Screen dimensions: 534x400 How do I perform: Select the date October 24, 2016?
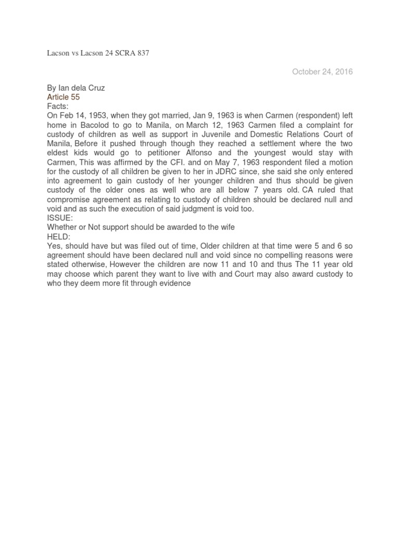[x=322, y=72]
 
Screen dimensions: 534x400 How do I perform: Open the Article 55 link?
[x=64, y=97]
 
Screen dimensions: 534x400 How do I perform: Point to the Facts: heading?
[x=58, y=106]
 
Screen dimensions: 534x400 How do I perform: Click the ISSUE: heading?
[x=60, y=217]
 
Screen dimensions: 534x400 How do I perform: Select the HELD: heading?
[x=59, y=236]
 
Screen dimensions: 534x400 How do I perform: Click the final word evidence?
[x=176, y=283]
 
